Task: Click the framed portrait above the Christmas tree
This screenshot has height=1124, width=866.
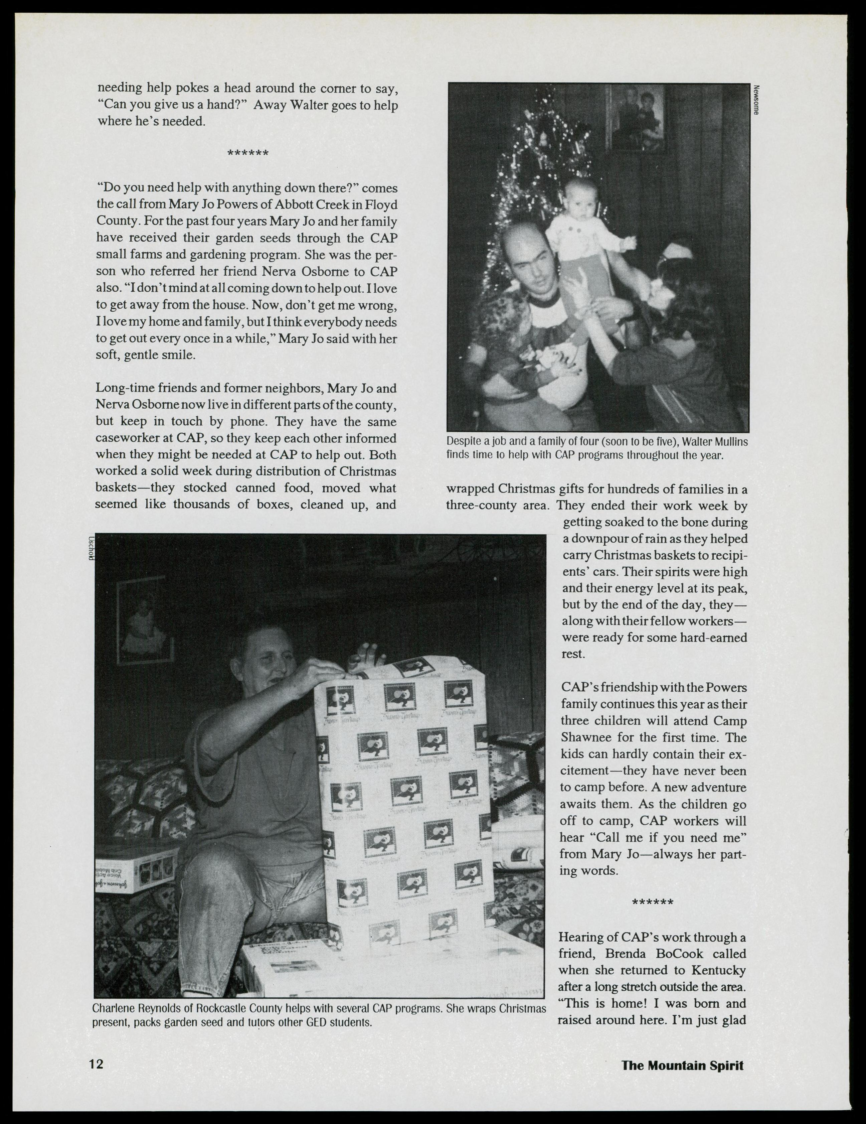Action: click(638, 118)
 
